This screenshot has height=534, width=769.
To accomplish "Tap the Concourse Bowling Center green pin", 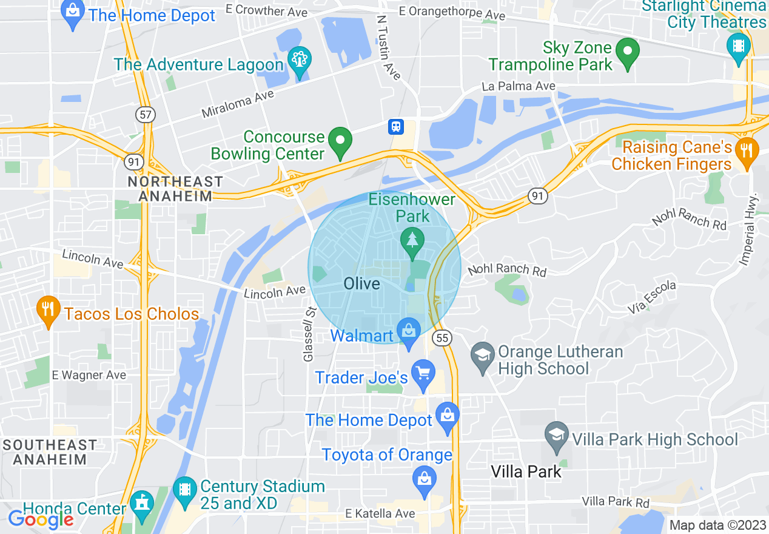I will [x=340, y=142].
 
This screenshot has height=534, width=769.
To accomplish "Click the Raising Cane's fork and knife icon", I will [x=747, y=150].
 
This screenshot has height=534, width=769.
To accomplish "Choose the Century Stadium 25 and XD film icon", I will [x=185, y=490].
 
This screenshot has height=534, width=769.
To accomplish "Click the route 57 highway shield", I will [x=146, y=115].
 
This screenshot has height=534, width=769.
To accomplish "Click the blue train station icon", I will [x=396, y=126].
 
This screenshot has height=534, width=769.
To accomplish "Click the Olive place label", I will [x=361, y=283].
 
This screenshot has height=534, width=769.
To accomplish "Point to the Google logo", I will [x=41, y=519].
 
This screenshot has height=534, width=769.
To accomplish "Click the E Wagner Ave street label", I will [x=89, y=375].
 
